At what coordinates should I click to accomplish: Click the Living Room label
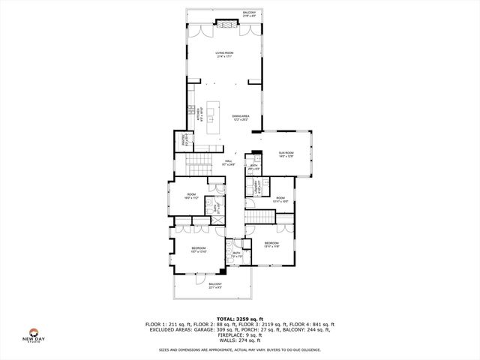pos(224,55)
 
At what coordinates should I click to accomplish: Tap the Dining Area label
pos(241,117)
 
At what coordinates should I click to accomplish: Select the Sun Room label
pos(286,154)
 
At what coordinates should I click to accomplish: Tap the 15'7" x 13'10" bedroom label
pos(199,250)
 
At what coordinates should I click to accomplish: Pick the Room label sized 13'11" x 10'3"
pos(279,199)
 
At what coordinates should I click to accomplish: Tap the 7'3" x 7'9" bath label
pos(236,255)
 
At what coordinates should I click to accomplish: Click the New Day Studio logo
pos(33,334)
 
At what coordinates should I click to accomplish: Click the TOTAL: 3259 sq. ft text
pos(240,319)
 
